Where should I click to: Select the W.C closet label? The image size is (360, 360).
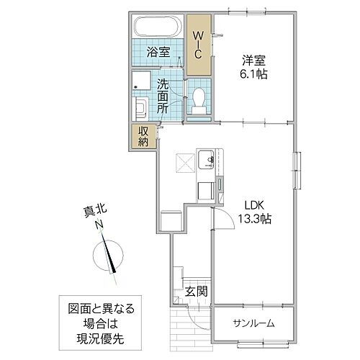tap(197, 45)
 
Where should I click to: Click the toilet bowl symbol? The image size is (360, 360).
tap(199, 100)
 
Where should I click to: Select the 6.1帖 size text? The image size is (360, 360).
tap(252, 75)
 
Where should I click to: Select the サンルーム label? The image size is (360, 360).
tap(253, 323)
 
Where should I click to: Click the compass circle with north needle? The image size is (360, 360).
tap(109, 256)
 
